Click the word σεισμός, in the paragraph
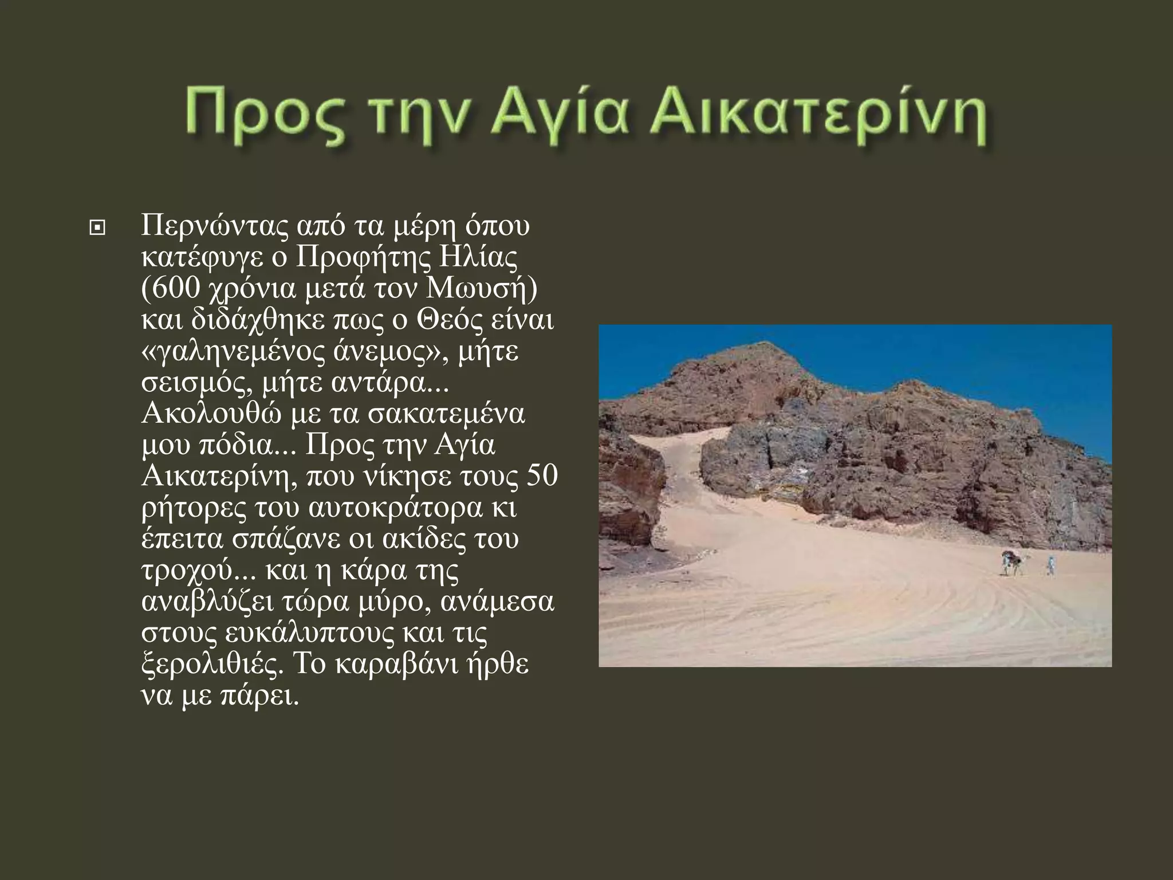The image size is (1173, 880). point(198,383)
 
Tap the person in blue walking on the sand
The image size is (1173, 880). point(1052,564)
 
